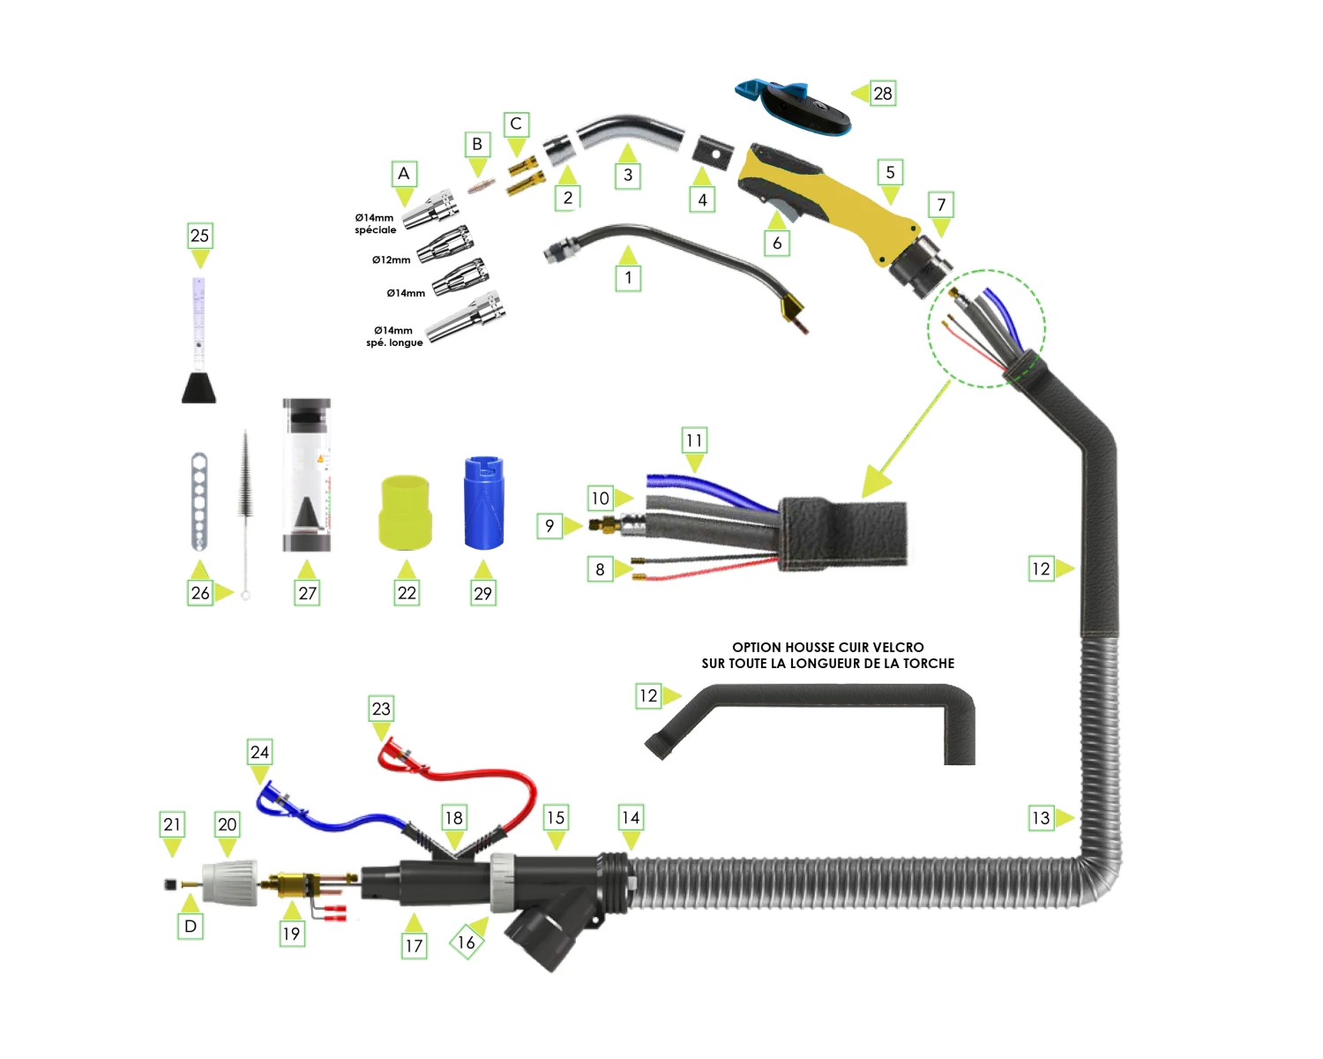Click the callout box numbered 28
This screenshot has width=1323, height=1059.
pyautogui.click(x=882, y=94)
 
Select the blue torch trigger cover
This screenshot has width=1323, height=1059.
pyautogui.click(x=792, y=106)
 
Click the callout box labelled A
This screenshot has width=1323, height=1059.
pyautogui.click(x=404, y=174)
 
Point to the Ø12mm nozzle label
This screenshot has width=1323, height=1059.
pyautogui.click(x=391, y=260)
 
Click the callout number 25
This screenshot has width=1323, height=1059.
pyautogui.click(x=200, y=236)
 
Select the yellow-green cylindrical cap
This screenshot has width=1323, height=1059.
pyautogui.click(x=406, y=512)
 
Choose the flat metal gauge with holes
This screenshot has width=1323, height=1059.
pyautogui.click(x=199, y=500)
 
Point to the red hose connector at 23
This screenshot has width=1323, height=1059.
pyautogui.click(x=392, y=757)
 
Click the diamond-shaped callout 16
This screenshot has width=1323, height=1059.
pyautogui.click(x=466, y=943)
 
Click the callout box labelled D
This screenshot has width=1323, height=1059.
pyautogui.click(x=191, y=927)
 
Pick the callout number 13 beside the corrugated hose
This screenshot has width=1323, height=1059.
pyautogui.click(x=1041, y=818)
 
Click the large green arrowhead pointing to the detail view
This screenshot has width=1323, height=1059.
pyautogui.click(x=877, y=481)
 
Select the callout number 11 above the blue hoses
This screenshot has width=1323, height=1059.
pyautogui.click(x=694, y=440)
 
